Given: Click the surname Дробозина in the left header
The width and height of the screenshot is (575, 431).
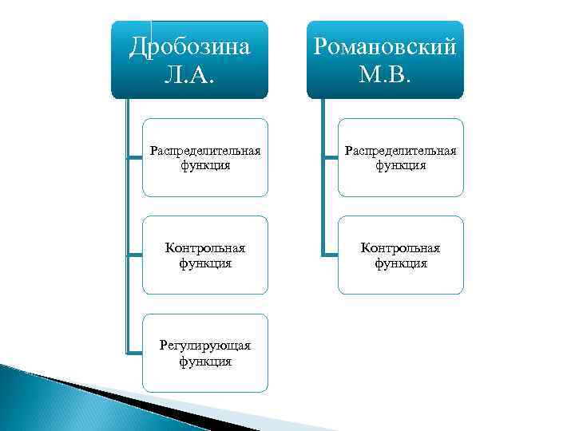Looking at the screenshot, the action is tap(190, 46).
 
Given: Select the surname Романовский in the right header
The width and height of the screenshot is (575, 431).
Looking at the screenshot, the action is tap(386, 46).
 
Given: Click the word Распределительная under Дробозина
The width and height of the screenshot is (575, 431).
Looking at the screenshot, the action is tap(206, 152).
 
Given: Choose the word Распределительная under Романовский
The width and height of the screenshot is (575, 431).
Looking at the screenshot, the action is tap(401, 152).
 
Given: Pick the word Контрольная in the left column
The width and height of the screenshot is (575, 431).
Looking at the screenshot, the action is tap(206, 248).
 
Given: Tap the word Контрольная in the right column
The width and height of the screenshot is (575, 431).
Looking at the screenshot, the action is tap(401, 248).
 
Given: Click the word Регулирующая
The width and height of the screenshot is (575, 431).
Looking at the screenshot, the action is tap(206, 346).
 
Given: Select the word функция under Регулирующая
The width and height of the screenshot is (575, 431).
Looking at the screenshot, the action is tap(206, 361).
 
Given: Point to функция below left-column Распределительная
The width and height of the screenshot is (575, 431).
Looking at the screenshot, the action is tap(206, 166).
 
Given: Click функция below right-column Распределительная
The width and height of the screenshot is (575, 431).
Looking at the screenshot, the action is tap(401, 166).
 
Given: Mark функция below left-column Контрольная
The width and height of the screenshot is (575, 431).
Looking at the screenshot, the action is tap(206, 263).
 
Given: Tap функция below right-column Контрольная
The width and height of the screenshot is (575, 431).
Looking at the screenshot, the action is tap(401, 263).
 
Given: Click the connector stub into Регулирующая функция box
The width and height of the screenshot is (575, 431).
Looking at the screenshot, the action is tap(134, 352).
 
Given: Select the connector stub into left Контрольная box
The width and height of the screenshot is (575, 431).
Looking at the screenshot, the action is tap(134, 255).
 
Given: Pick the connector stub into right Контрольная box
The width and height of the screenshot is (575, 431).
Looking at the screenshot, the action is tap(330, 255).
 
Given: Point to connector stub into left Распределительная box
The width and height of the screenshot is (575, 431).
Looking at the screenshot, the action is tap(134, 158).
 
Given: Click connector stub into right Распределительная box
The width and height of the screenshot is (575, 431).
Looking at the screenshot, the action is tap(330, 158).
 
